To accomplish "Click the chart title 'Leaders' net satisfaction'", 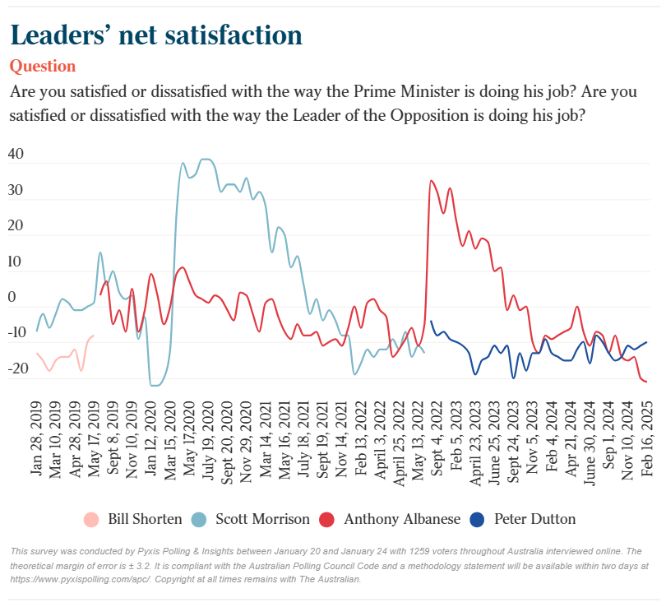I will (x=155, y=35).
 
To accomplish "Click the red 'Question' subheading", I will (x=42, y=66).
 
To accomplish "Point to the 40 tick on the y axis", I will (x=16, y=155).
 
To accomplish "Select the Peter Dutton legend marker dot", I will (x=477, y=519).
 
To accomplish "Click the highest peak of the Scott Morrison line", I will (x=205, y=159).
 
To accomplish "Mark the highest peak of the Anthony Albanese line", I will (x=431, y=180).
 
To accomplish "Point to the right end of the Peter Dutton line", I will (x=646, y=342).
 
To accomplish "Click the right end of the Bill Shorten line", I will (x=93, y=335).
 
